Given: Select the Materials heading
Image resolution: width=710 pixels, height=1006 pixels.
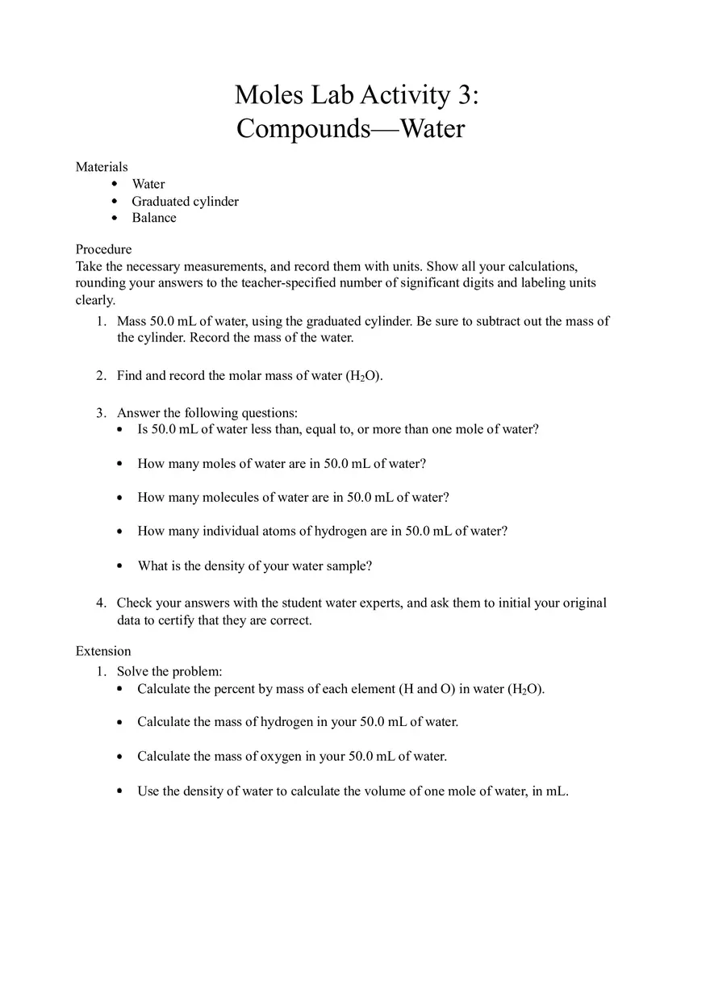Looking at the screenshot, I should [102, 167].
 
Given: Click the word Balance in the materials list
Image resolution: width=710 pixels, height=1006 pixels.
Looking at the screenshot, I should [154, 218].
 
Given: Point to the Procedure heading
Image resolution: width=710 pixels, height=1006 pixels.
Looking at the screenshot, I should [103, 249].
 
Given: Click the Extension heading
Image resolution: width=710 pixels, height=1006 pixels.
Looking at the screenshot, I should [103, 651].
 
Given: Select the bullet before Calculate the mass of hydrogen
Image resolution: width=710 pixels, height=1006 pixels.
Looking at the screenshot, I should [119, 723].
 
